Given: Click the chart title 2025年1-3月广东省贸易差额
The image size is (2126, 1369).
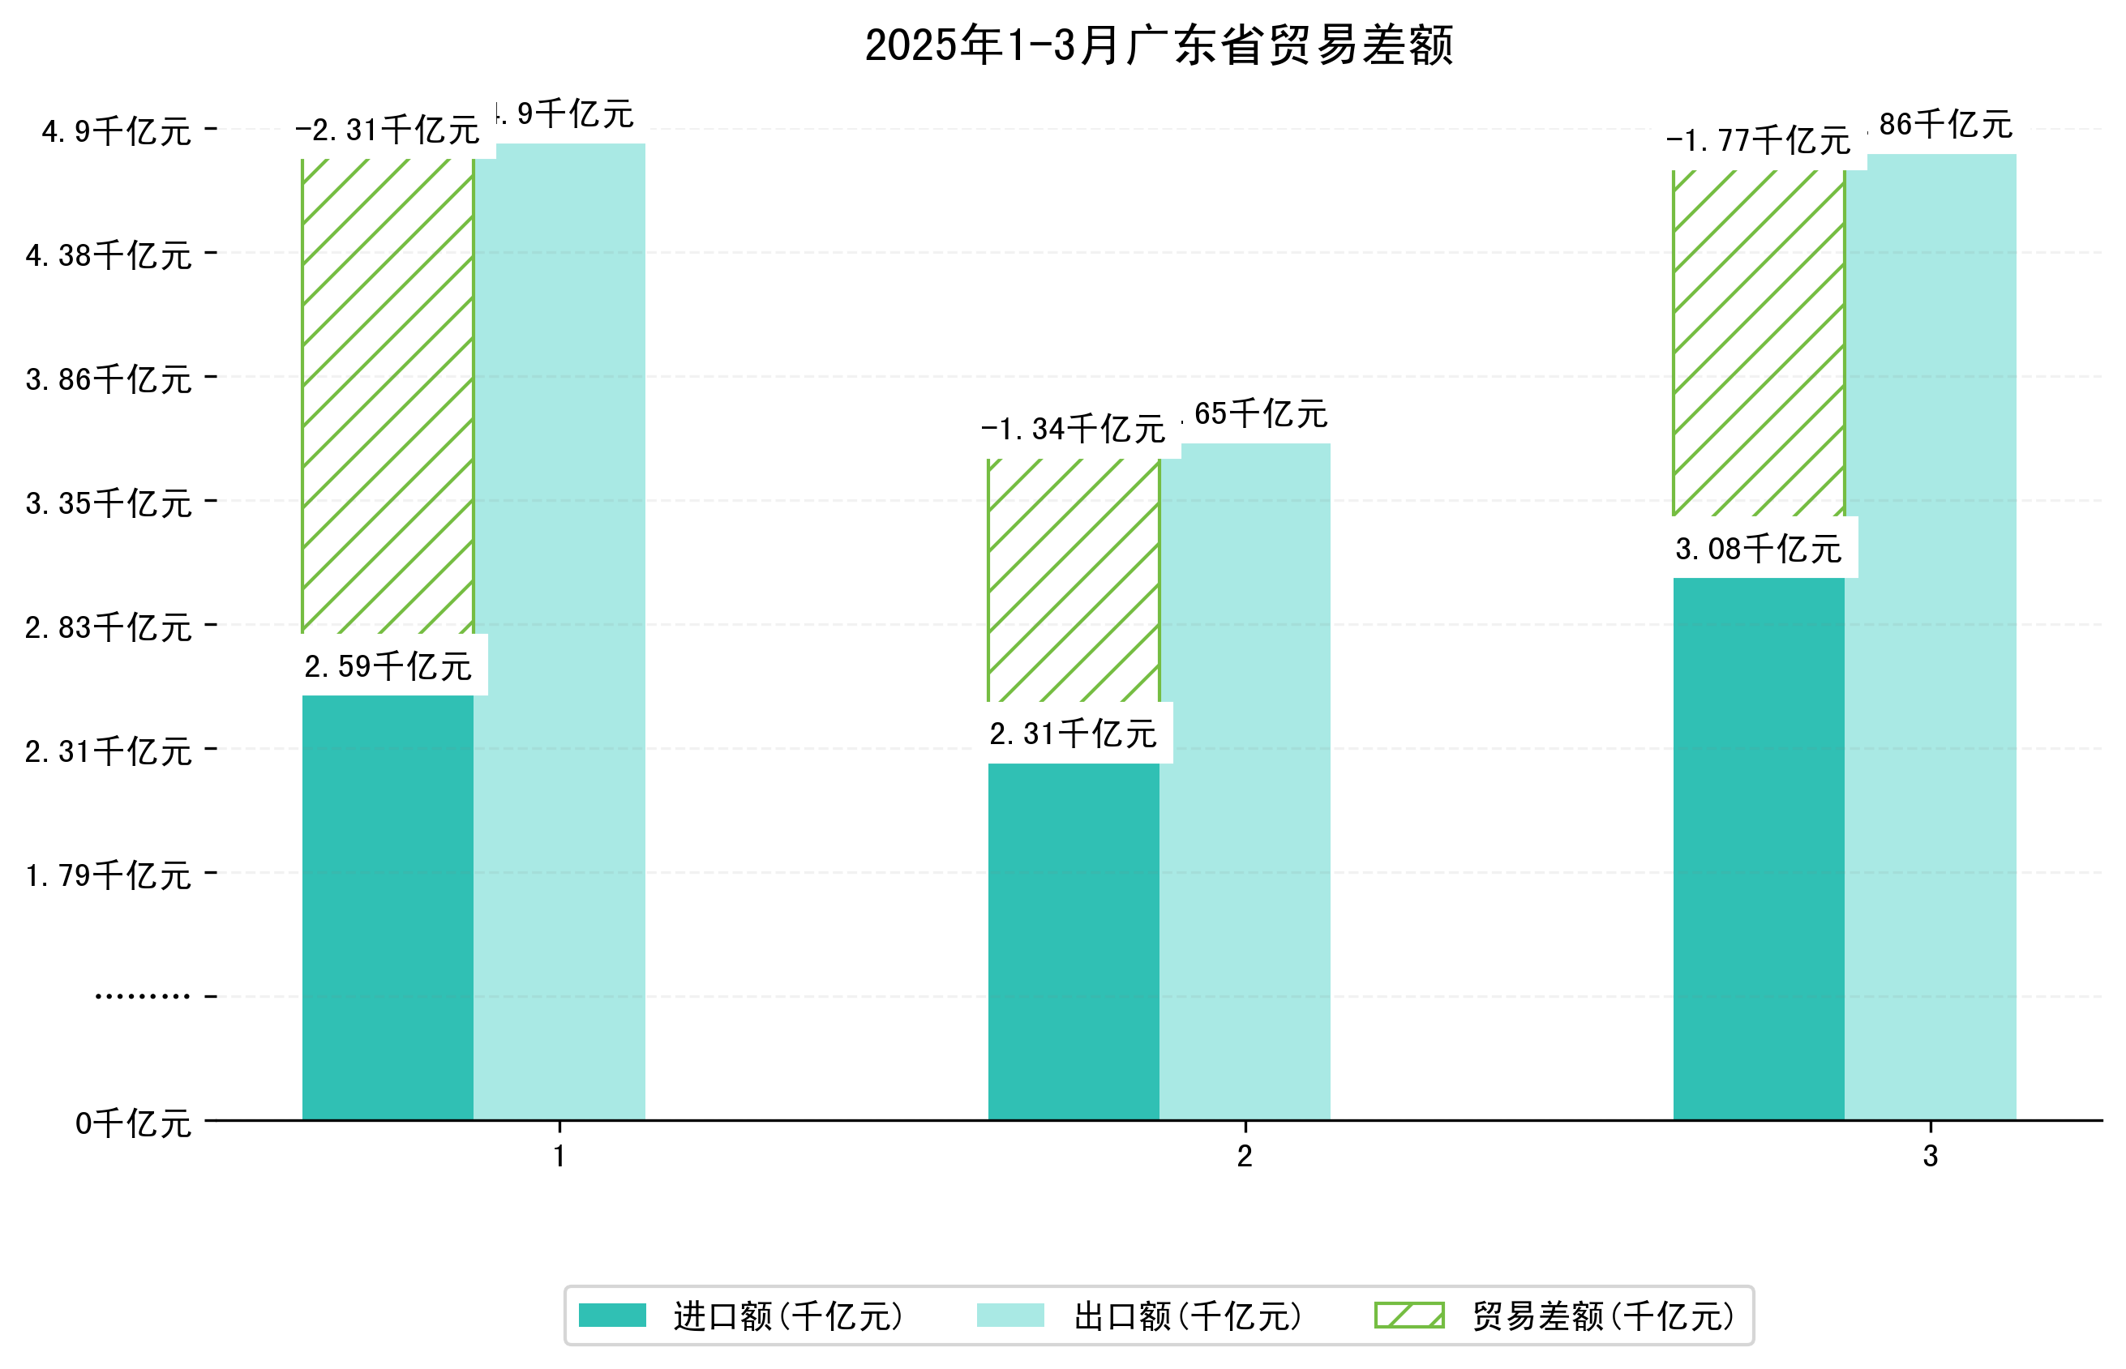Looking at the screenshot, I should (1158, 45).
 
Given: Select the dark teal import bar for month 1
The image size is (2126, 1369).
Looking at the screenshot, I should (388, 907).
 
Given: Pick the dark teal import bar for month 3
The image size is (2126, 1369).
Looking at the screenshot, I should (1758, 849).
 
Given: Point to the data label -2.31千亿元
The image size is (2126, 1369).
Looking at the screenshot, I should (388, 130).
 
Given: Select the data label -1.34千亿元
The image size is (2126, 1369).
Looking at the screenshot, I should (1074, 430).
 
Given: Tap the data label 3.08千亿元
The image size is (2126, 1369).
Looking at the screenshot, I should (1758, 550).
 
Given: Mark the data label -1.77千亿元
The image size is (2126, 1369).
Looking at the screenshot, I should (1758, 141).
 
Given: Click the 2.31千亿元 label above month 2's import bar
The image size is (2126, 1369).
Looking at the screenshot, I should (1074, 734).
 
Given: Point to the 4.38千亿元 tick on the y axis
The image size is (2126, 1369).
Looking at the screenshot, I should (109, 256).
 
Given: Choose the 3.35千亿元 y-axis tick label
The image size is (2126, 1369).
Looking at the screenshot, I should (109, 504).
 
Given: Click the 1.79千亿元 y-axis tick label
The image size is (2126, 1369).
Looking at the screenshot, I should (109, 876).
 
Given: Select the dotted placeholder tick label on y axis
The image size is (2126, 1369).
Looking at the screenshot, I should (142, 996).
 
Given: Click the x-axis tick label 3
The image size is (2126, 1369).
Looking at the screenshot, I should (1930, 1157).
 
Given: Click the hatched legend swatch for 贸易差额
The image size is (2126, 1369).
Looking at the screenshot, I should (1408, 1316).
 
